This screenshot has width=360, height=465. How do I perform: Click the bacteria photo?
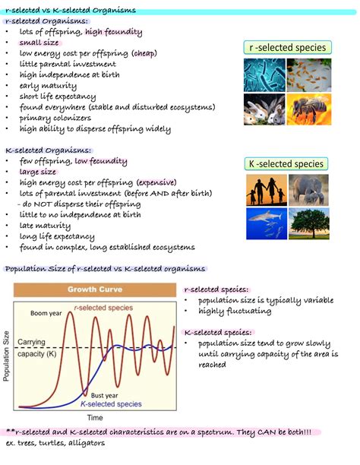pos(264,75)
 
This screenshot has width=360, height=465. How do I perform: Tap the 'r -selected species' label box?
pos(287,48)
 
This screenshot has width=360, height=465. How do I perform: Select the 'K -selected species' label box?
pos(286,164)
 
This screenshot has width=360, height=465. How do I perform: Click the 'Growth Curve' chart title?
pos(95,289)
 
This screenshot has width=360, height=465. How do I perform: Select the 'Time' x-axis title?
pos(94,418)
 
